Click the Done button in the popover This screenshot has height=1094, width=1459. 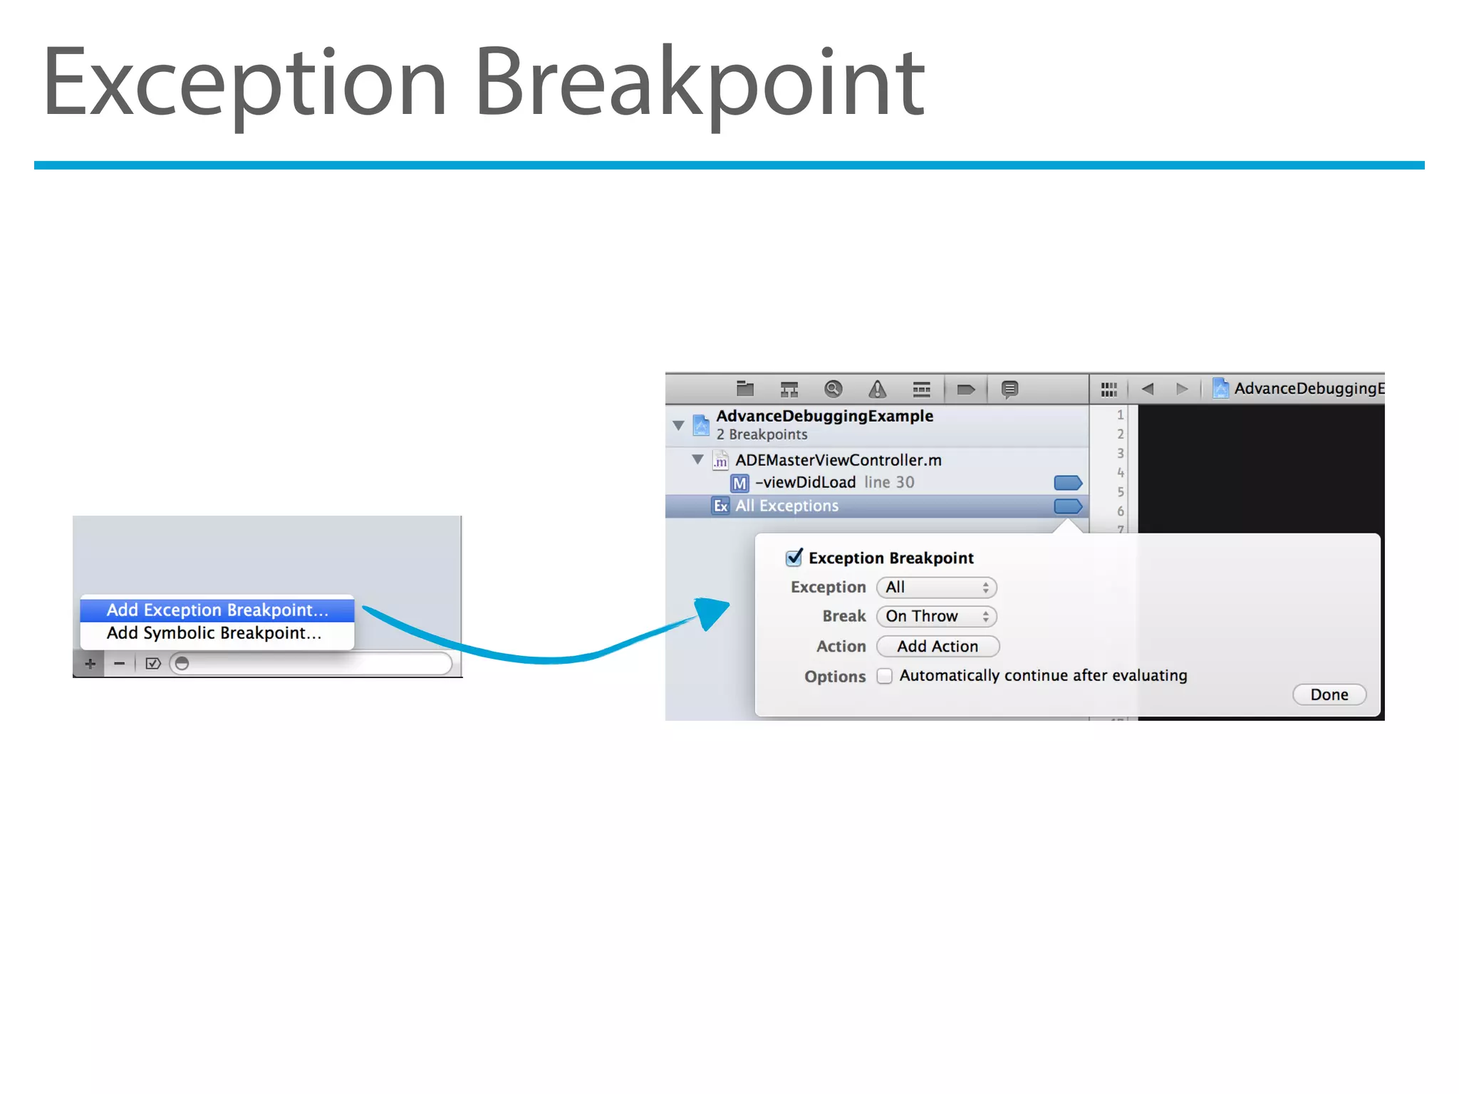pyautogui.click(x=1329, y=694)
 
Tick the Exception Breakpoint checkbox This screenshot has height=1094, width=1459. pyautogui.click(x=794, y=558)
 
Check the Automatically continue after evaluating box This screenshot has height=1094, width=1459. pyautogui.click(x=884, y=676)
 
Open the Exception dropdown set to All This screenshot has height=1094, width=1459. pyautogui.click(x=936, y=588)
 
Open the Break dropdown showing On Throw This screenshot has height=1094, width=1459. pyautogui.click(x=936, y=616)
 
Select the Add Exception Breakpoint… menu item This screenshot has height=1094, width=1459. pyautogui.click(x=217, y=610)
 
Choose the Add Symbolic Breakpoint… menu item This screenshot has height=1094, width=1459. pyautogui.click(x=214, y=633)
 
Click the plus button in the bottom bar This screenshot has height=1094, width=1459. pyautogui.click(x=90, y=664)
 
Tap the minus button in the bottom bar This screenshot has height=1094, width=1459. pyautogui.click(x=120, y=664)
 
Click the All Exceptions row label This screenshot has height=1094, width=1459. pyautogui.click(x=786, y=506)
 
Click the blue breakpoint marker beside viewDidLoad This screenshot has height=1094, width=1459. pyautogui.click(x=1067, y=483)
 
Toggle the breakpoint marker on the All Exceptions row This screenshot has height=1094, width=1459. pyautogui.click(x=1067, y=506)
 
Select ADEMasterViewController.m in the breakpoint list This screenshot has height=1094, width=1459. pyautogui.click(x=838, y=460)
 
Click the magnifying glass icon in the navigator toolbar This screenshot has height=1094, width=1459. pyautogui.click(x=833, y=389)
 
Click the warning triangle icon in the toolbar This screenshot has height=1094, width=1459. pyautogui.click(x=877, y=389)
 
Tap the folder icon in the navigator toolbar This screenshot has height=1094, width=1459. pyautogui.click(x=745, y=389)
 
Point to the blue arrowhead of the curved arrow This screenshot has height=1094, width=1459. pyautogui.click(x=712, y=612)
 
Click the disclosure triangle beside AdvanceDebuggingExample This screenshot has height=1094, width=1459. pyautogui.click(x=678, y=425)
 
